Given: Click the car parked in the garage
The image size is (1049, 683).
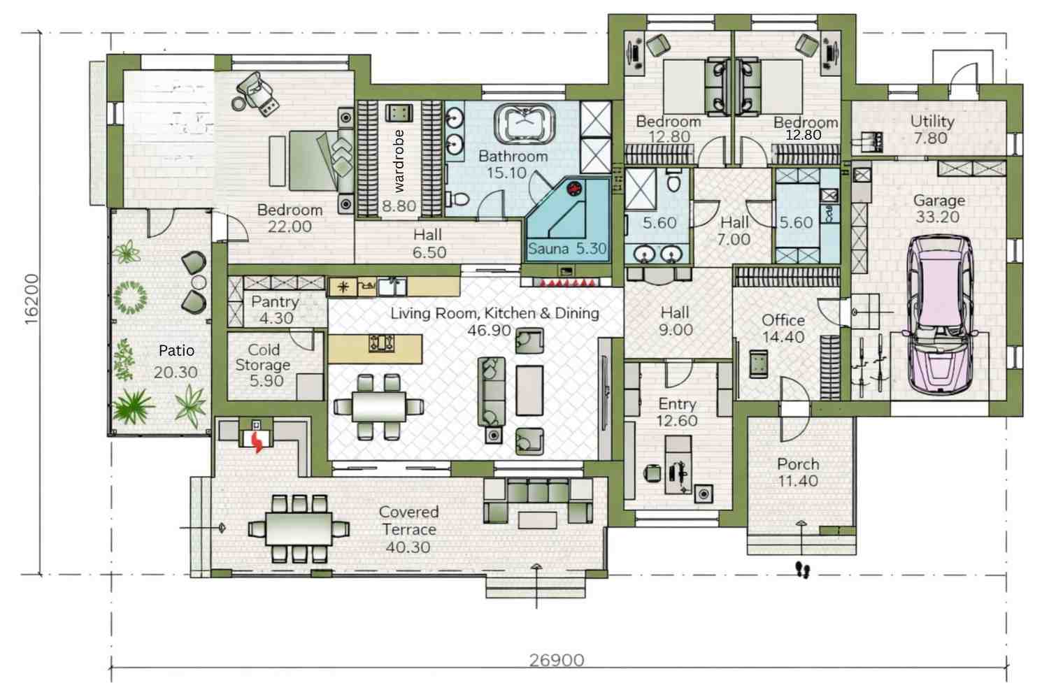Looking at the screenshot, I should click(x=939, y=315).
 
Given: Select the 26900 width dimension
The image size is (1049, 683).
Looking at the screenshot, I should click(x=556, y=659).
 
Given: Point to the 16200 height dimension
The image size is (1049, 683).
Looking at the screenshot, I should click(x=31, y=299).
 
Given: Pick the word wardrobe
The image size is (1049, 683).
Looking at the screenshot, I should click(x=399, y=161).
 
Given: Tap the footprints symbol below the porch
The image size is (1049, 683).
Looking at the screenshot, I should click(x=803, y=570).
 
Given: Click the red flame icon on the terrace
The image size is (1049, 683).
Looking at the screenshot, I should click(x=257, y=440).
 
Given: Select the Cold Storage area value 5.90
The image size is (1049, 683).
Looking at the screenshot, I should click(x=266, y=381).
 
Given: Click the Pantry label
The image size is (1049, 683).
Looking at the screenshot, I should click(x=275, y=301).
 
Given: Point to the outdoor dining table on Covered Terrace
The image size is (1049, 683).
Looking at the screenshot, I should click(x=299, y=529).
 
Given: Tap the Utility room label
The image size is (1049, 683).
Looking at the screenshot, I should click(x=932, y=121).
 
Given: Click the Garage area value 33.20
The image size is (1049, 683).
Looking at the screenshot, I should click(x=938, y=217).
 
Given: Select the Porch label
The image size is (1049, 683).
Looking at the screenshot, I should click(x=798, y=463).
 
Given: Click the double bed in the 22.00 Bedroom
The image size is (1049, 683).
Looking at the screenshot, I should click(x=313, y=161).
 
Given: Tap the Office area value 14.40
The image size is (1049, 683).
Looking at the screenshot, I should click(x=783, y=337).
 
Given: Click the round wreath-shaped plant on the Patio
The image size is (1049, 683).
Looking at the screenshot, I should click(x=130, y=296).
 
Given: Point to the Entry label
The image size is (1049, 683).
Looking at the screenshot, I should click(x=677, y=403).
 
